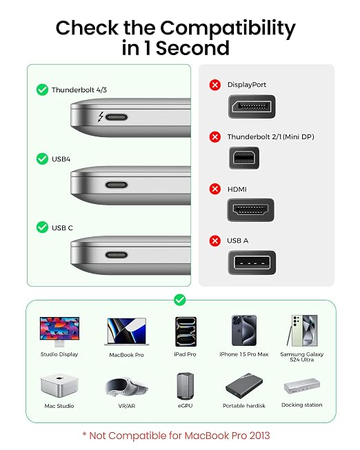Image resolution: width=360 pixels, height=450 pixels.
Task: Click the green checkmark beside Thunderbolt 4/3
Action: point(42,90)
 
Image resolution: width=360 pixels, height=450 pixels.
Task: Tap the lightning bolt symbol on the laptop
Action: point(101,116)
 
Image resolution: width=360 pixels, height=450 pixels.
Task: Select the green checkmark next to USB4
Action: point(42,158)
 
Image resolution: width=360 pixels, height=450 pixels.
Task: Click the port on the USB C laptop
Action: point(117,255)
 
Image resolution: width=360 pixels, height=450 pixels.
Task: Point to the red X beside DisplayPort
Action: point(215,85)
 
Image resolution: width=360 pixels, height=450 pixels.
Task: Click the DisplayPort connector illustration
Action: point(252,107)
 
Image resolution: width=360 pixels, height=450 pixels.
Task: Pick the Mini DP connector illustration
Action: point(244,158)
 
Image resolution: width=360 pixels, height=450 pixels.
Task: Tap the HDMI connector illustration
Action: point(250,210)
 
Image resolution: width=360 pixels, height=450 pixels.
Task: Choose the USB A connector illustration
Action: point(252,263)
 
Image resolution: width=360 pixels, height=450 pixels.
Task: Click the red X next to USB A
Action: point(215,241)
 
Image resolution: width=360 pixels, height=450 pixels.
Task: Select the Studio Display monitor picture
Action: point(59,332)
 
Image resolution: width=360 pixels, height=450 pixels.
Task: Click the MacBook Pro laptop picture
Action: point(127,331)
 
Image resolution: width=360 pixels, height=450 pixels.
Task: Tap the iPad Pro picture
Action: point(186,331)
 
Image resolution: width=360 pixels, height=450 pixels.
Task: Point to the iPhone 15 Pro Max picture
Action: point(244,331)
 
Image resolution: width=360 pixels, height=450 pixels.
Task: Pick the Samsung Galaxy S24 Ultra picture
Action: point(303,331)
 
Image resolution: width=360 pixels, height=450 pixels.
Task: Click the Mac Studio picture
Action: point(59,385)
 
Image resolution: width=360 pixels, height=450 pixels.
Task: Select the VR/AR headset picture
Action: point(127,387)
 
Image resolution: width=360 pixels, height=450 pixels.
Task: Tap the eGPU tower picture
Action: point(186,387)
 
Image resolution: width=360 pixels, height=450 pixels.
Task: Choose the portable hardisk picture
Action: point(244,386)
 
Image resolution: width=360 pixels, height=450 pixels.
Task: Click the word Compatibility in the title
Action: point(228,28)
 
